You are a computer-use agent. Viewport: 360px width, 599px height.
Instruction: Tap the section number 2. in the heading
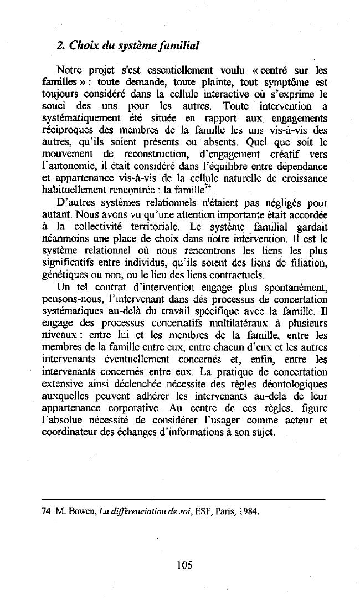tap(61, 45)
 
